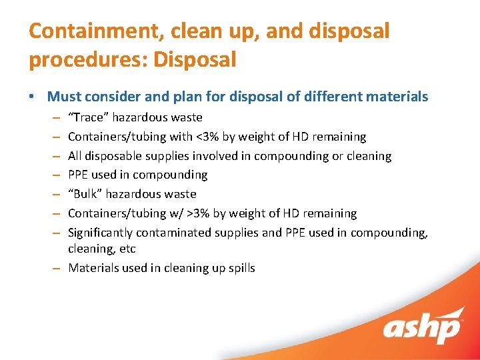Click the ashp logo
[423, 325]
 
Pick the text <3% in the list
[207, 137]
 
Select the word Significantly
[101, 233]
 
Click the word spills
[240, 268]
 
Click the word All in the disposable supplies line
[75, 156]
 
